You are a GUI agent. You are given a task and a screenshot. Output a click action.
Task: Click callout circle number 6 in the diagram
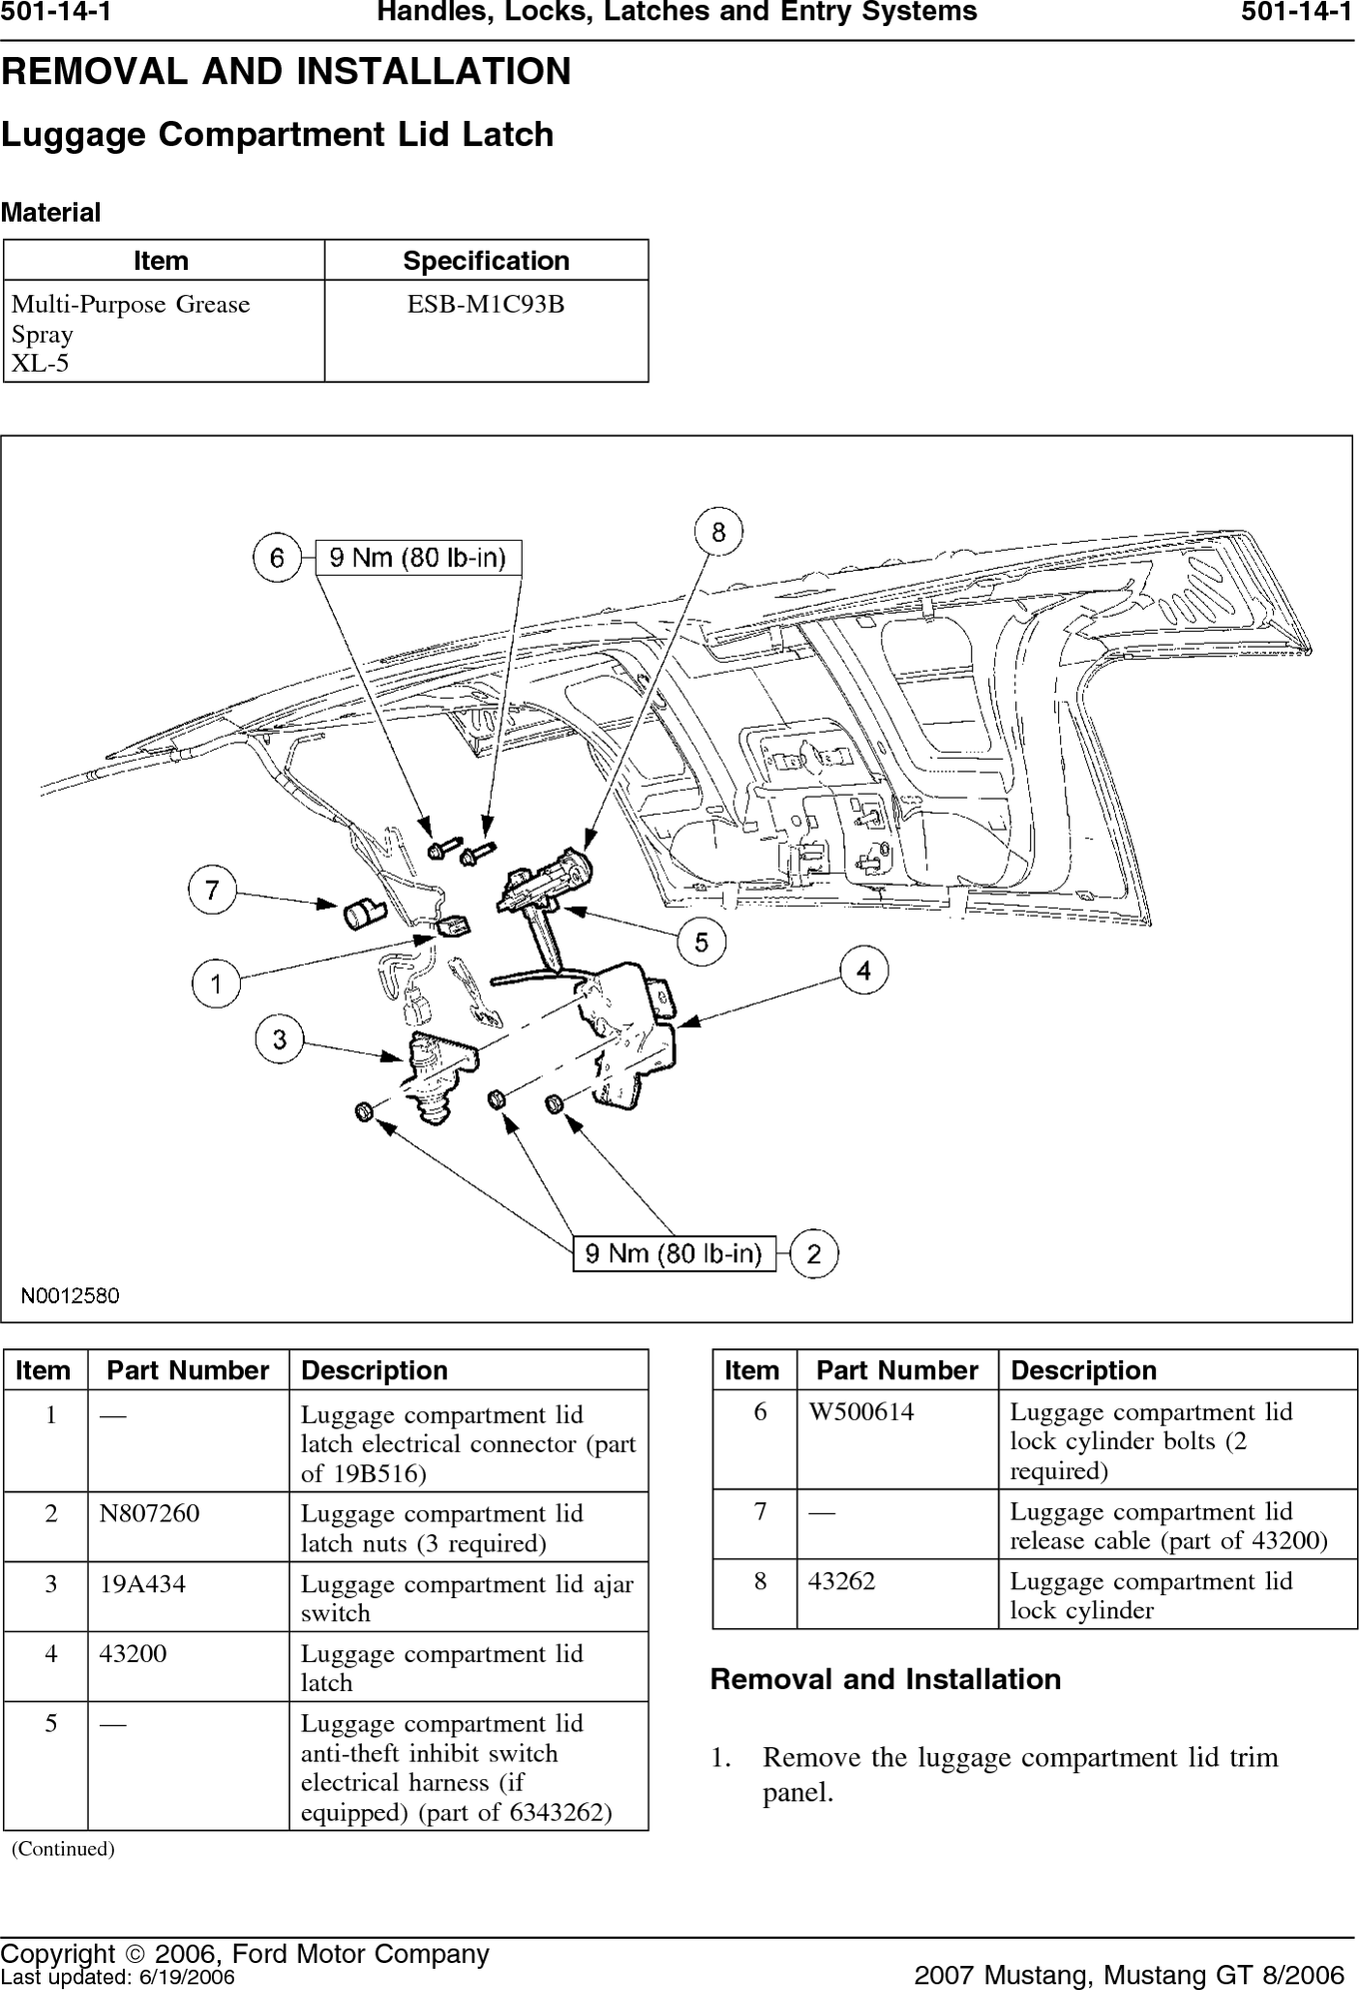pyautogui.click(x=277, y=558)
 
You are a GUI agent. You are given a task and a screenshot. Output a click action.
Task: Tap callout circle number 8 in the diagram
pyautogui.click(x=718, y=532)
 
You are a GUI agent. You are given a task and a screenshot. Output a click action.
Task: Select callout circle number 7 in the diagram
pyautogui.click(x=212, y=890)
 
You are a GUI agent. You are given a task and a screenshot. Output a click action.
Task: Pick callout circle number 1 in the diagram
pyautogui.click(x=216, y=984)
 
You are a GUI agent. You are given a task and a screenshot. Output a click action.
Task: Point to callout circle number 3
pyautogui.click(x=279, y=1039)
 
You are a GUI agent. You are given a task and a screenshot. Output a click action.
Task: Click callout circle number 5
pyautogui.click(x=701, y=943)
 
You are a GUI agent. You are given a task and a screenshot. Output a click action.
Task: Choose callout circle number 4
pyautogui.click(x=863, y=971)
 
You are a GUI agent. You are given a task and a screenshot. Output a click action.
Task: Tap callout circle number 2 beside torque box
pyautogui.click(x=814, y=1253)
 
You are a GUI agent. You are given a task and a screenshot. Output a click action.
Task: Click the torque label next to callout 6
pyautogui.click(x=419, y=558)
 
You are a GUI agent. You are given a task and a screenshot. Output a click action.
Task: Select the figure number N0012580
pyautogui.click(x=71, y=1295)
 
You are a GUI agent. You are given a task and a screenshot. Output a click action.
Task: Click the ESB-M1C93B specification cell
pyautogui.click(x=486, y=304)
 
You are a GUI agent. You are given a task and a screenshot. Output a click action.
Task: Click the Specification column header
pyautogui.click(x=486, y=261)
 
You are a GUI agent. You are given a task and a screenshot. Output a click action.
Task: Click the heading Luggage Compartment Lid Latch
pyautogui.click(x=277, y=135)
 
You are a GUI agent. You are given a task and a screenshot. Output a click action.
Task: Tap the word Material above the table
pyautogui.click(x=51, y=213)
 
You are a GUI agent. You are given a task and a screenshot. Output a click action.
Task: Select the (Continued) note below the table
pyautogui.click(x=63, y=1848)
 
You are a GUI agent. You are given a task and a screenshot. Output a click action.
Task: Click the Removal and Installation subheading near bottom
pyautogui.click(x=885, y=1679)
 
